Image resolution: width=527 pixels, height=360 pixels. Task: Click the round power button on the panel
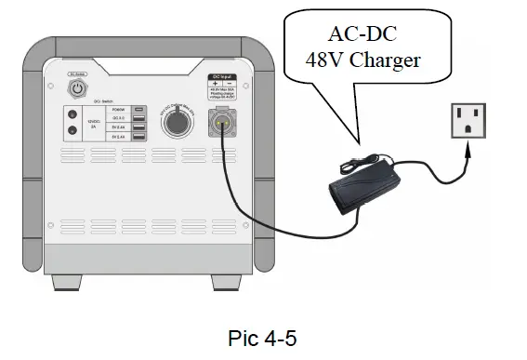(x=78, y=90)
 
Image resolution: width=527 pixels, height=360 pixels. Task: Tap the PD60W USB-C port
(x=138, y=109)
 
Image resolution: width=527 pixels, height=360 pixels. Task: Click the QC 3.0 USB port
(x=138, y=119)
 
